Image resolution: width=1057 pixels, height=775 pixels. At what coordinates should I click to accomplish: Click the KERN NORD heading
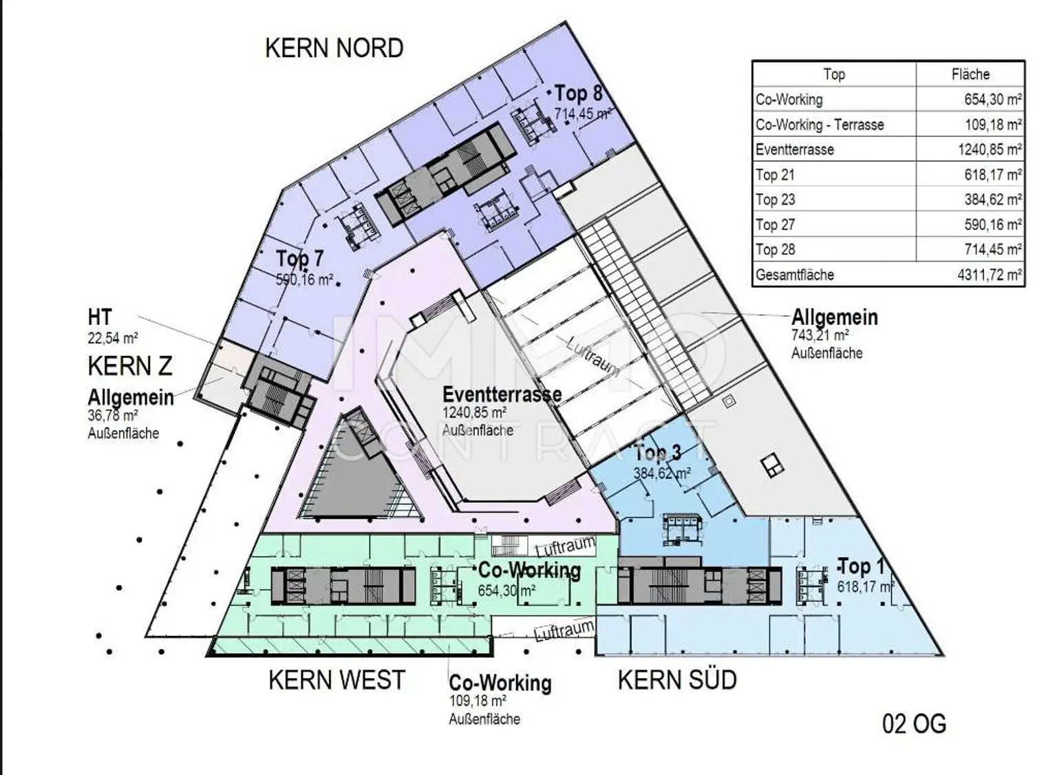pos(334,48)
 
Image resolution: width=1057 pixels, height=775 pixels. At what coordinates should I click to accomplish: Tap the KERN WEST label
pos(337,680)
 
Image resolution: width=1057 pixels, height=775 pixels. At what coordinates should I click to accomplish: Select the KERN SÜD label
pos(677,680)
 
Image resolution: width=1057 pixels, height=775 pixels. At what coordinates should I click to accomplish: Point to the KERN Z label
pos(130,366)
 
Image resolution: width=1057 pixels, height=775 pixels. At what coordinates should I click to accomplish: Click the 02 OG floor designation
pos(914,724)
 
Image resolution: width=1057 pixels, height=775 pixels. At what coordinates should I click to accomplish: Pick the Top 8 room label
pos(578,93)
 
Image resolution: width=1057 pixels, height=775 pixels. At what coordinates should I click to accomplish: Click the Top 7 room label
pos(299,259)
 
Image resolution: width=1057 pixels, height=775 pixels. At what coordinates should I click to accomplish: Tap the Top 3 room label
pos(657,453)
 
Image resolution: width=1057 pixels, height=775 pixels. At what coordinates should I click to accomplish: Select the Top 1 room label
pos(861,567)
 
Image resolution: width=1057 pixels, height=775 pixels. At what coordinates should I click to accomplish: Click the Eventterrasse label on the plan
pos(502,394)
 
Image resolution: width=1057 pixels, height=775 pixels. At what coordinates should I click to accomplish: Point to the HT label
pos(100,317)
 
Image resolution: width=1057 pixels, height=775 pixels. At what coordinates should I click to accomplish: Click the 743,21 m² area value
pos(820,336)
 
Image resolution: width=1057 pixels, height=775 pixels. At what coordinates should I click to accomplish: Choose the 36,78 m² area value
pos(113,416)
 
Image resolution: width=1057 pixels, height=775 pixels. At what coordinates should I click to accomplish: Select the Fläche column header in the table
pos(970,74)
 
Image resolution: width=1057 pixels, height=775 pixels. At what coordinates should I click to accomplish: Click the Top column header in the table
pos(833,74)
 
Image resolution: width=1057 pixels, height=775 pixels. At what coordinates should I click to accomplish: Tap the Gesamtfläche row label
pos(795,275)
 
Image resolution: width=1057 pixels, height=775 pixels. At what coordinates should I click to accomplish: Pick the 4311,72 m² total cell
pos(989,275)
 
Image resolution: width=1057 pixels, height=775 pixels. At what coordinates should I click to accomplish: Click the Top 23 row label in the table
pos(776,200)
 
